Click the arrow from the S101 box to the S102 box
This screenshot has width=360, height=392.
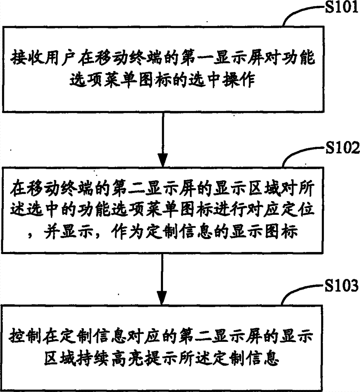pos(162,137)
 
